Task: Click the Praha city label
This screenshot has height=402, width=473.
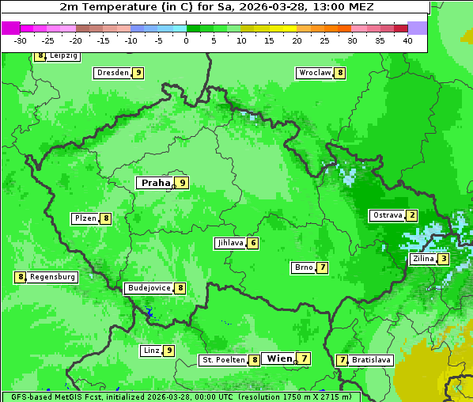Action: tap(156, 183)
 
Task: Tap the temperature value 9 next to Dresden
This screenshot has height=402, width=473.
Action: tap(138, 73)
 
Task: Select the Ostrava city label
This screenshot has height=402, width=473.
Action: tap(388, 215)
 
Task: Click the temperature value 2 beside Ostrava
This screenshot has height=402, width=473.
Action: tap(412, 215)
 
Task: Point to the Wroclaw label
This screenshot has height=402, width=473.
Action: tap(314, 73)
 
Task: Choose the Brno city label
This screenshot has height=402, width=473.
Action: tap(303, 267)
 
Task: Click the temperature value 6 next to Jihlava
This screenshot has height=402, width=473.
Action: tap(253, 243)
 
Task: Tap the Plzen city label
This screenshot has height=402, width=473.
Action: tap(85, 218)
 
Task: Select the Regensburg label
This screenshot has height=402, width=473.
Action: tap(53, 277)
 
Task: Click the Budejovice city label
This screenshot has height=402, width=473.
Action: tap(149, 288)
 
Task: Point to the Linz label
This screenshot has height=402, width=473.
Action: tap(151, 351)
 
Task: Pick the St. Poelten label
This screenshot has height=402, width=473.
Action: tap(223, 360)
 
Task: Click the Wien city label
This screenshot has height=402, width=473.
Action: tap(279, 358)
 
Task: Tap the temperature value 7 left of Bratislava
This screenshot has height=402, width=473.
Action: tap(342, 360)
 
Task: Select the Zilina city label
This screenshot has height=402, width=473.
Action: tap(423, 259)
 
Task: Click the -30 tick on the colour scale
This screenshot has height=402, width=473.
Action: tap(21, 40)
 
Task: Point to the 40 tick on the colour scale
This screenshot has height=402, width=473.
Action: tap(407, 40)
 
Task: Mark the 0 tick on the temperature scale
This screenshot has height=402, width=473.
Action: tap(187, 40)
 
